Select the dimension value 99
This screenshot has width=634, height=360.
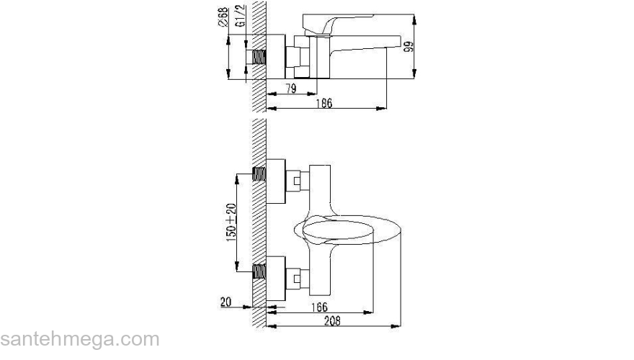[x=408, y=48]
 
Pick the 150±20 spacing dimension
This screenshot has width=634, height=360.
[x=231, y=223]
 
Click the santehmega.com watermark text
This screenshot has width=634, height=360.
[x=79, y=339]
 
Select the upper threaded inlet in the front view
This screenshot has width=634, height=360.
[x=260, y=173]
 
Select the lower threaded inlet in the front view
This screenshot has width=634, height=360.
[x=260, y=272]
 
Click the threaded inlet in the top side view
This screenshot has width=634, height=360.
[x=260, y=56]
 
